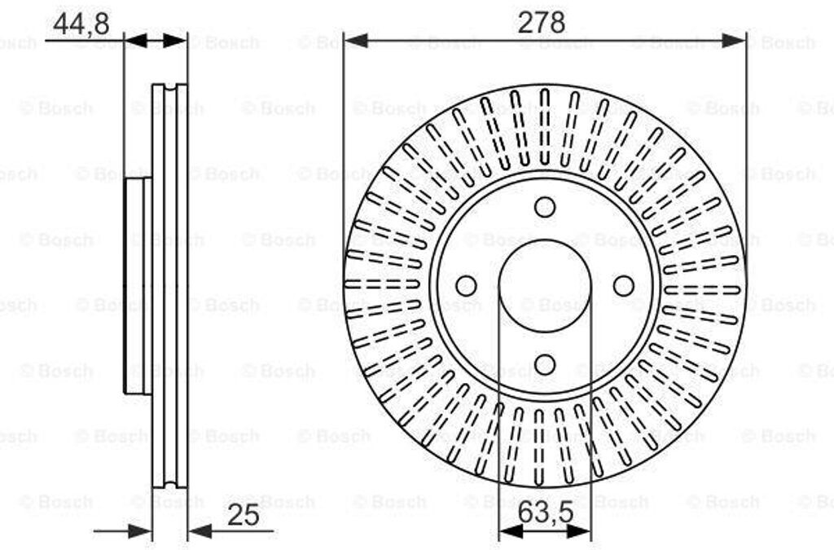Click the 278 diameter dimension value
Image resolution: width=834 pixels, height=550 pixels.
coord(542,22)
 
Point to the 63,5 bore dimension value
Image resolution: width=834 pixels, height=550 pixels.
coord(544,514)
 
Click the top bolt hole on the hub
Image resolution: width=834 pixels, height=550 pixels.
coord(545,207)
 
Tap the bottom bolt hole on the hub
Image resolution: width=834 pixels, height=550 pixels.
coord(545,363)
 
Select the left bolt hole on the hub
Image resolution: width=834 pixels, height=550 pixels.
coord(467,286)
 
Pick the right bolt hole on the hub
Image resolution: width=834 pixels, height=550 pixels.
coord(623,286)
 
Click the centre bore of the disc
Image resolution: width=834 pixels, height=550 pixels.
coord(545,286)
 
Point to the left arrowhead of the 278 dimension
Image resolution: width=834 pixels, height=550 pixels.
coord(355,41)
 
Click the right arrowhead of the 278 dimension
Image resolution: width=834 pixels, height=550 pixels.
coord(735,41)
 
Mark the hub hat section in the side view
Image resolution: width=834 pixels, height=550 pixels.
coord(135,286)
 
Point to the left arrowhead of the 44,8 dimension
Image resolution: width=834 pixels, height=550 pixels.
coord(135,41)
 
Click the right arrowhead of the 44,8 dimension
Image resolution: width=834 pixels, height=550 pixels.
coord(175,41)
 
